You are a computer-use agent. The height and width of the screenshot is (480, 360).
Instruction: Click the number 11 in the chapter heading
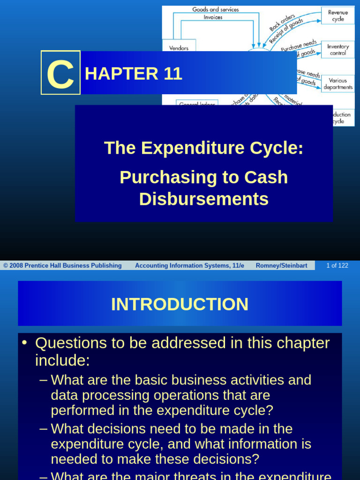point(172,74)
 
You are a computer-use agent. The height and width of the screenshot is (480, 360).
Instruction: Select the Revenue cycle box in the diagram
point(337,16)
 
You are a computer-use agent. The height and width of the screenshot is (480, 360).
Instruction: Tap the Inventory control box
point(337,50)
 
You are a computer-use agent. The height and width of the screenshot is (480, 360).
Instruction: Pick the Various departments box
point(337,84)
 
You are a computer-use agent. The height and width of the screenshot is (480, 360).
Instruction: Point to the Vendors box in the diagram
point(179,48)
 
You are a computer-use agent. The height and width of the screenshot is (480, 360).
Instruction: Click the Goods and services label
point(215,9)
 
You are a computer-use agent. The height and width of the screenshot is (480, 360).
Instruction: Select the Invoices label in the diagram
point(213,17)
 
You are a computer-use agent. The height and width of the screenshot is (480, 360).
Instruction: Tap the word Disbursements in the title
point(204,199)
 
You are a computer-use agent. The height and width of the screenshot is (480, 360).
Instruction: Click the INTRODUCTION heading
point(180,304)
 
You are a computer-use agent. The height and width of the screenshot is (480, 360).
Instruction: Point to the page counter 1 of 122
point(337,266)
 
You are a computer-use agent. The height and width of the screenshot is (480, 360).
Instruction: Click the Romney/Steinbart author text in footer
point(281,266)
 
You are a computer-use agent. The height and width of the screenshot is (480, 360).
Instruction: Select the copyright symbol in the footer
point(6,266)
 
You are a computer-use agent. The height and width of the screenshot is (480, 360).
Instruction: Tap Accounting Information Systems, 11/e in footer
point(189,266)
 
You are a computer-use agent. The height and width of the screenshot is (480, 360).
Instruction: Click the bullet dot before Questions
point(25,343)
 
